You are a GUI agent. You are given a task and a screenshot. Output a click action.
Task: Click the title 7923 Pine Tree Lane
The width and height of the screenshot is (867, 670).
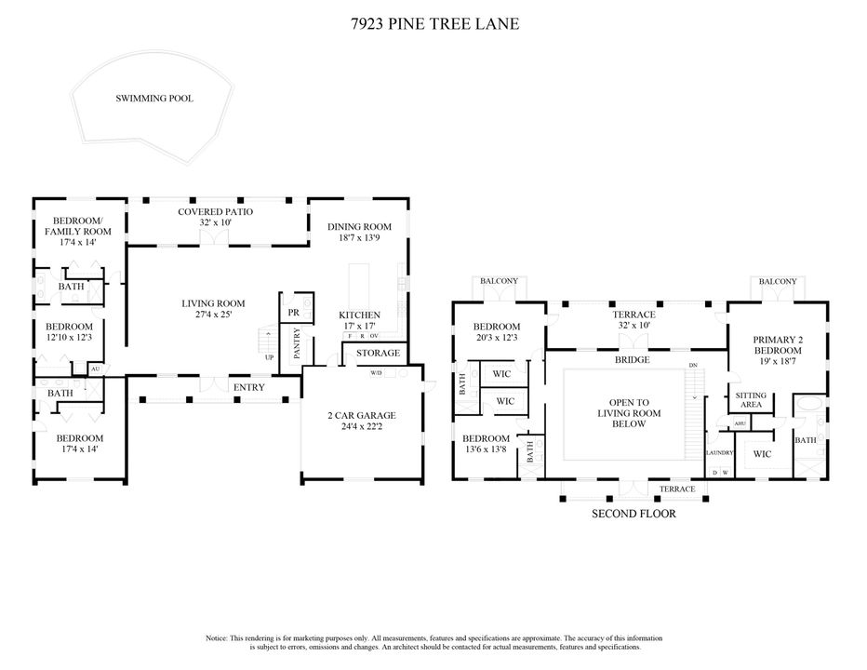click(435, 24)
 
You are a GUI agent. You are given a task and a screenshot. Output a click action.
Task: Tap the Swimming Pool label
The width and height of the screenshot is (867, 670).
click(154, 99)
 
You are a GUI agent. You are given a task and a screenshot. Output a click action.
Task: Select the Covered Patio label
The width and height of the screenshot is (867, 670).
click(216, 212)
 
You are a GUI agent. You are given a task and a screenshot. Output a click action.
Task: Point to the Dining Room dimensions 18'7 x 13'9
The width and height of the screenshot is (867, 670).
click(359, 238)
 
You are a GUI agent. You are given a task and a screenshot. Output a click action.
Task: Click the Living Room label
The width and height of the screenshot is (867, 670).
click(213, 303)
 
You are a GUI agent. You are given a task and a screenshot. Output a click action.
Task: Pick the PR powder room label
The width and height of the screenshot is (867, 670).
click(294, 313)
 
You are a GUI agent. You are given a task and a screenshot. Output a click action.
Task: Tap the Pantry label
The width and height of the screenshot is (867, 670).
click(297, 343)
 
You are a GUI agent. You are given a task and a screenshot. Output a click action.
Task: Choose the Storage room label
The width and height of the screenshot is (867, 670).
click(379, 353)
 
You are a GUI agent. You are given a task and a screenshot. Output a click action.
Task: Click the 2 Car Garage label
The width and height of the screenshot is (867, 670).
click(362, 416)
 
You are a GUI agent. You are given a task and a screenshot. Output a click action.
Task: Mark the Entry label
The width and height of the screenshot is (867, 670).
click(248, 387)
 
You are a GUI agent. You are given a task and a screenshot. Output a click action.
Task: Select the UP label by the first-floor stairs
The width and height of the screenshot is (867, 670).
click(269, 357)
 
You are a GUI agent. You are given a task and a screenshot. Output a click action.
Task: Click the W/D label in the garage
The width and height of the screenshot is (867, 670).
click(376, 373)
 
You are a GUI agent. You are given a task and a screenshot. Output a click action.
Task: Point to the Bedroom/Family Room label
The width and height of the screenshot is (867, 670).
click(78, 226)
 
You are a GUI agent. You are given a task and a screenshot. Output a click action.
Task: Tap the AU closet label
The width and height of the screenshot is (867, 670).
click(95, 368)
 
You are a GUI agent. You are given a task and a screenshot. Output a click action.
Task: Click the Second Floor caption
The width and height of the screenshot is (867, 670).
click(634, 514)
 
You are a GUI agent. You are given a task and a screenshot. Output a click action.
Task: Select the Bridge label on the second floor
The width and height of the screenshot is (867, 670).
click(632, 359)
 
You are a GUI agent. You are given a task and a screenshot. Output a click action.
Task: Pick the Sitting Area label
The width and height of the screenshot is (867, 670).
click(751, 400)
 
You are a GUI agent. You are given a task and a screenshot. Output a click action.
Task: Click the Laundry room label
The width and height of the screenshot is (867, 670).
click(720, 452)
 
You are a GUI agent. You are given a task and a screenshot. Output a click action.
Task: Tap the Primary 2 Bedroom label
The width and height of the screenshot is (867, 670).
click(778, 345)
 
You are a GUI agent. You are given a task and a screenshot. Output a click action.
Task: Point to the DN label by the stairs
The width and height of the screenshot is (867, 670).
click(693, 366)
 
